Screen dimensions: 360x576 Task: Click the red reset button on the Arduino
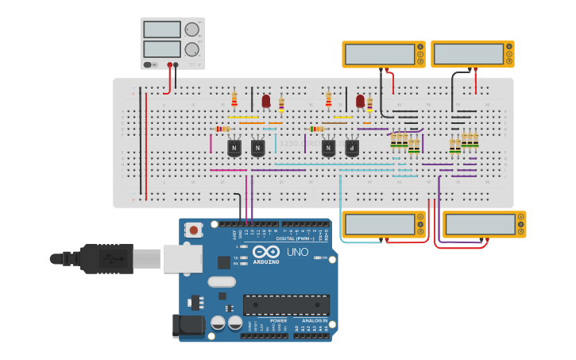pos(193,230)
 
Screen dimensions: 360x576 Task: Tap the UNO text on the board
pos(297,252)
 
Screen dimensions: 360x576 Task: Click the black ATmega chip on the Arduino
pos(286,305)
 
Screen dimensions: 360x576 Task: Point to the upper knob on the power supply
pos(191,29)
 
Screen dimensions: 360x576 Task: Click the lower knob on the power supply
pos(191,49)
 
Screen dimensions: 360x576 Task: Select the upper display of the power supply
pos(162,29)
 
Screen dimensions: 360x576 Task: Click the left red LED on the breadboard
pos(265,101)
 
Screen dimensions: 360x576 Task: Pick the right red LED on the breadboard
pos(360,101)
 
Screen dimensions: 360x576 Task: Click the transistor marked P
pos(352,148)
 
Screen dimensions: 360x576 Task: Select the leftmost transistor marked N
pos(234,148)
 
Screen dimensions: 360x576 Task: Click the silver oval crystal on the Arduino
pos(222,281)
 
